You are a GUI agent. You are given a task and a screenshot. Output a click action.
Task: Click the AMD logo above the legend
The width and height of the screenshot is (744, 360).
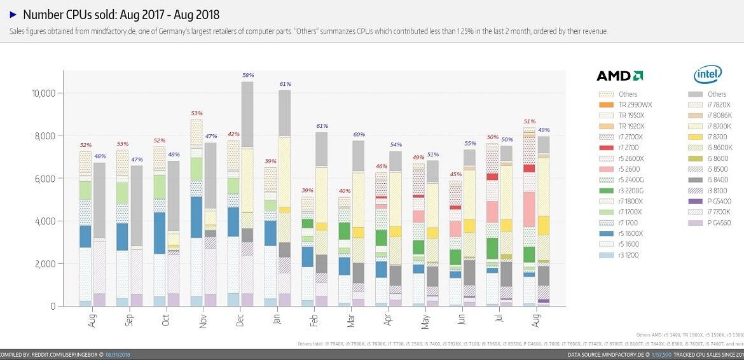pos(619,76)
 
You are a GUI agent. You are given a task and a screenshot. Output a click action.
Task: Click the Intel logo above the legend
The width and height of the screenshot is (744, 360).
pos(707,75)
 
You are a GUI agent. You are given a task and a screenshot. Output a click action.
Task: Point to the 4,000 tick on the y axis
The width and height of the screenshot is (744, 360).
pos(46,221)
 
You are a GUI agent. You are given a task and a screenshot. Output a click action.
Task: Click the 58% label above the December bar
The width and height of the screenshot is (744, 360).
pos(247,75)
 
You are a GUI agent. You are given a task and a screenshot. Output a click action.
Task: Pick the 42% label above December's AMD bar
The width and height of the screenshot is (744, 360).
pos(233,134)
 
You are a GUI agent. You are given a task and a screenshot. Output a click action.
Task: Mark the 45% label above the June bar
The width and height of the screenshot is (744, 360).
pos(455,174)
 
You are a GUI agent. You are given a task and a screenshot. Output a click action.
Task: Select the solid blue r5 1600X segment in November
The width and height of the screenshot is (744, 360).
pos(196,217)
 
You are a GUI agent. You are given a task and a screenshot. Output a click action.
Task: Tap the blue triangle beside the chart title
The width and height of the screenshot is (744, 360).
pos(13,14)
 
